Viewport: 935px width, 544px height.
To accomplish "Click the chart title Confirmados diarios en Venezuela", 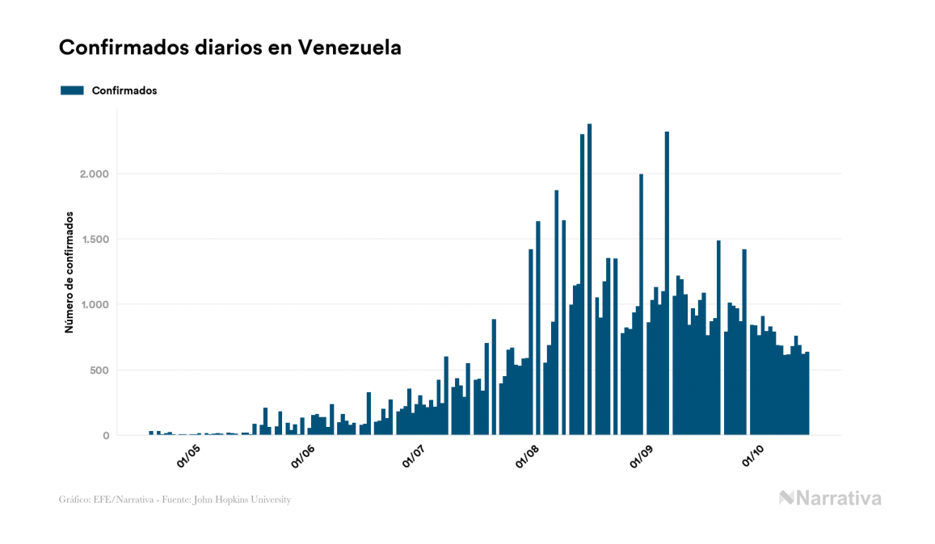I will point(230,48).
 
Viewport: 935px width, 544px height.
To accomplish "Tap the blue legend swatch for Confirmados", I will point(72,90).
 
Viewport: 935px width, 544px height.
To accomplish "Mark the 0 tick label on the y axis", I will point(106,436).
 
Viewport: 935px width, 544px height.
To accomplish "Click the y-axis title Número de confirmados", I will point(69,272).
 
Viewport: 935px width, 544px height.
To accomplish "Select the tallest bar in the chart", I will point(590,282).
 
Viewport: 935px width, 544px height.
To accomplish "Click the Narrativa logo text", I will point(838,499).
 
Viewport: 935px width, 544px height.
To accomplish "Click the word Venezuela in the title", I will point(350,48).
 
